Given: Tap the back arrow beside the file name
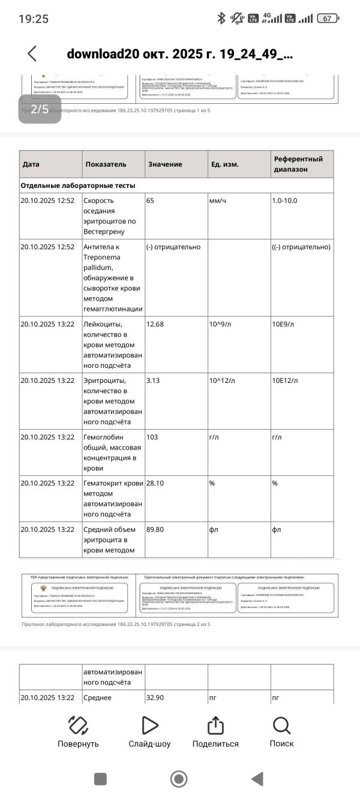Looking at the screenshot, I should (32, 53).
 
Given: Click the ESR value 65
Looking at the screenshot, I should (151, 200).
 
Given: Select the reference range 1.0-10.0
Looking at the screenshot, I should (284, 200).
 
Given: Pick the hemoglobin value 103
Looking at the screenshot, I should (152, 437).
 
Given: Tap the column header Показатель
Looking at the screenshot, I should (106, 164).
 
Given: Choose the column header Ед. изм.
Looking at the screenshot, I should (225, 164).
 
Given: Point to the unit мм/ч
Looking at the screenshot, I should (218, 200).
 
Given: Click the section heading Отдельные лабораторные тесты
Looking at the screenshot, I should (78, 185).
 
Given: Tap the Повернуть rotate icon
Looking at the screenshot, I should (78, 726).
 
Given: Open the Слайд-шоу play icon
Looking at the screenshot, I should (149, 726).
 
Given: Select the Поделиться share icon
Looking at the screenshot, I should (215, 726).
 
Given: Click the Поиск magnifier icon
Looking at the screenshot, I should (281, 726).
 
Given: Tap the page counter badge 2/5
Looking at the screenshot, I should (40, 109).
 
